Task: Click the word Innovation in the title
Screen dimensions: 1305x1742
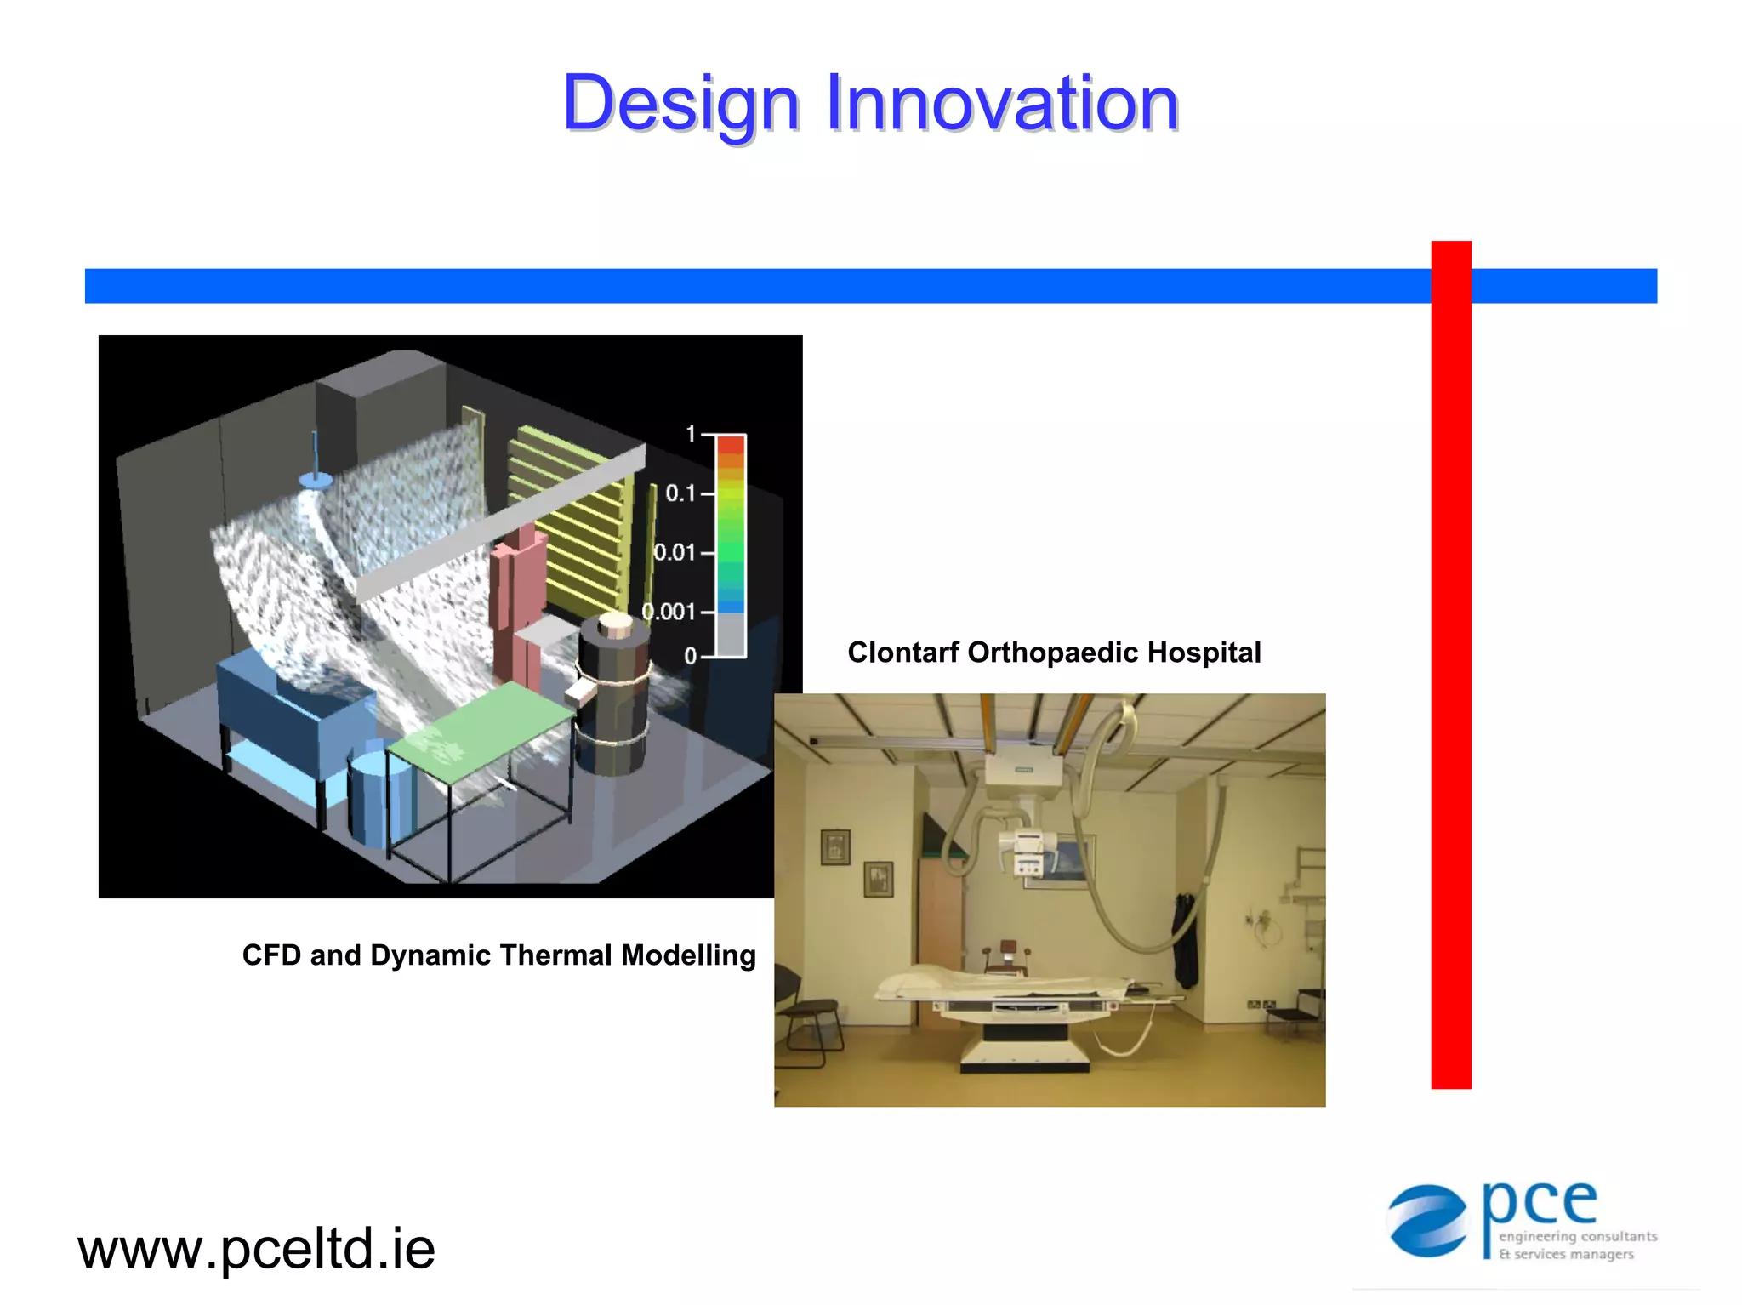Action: click(1002, 104)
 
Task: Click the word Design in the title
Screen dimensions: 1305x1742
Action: click(680, 104)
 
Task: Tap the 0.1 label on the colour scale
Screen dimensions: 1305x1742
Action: click(680, 493)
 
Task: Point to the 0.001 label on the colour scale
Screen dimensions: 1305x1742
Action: click(669, 612)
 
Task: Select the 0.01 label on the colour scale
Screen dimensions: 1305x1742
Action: click(675, 553)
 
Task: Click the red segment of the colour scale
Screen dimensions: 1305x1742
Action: click(730, 445)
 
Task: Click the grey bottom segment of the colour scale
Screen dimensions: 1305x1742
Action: click(730, 635)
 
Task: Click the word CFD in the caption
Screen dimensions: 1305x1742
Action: click(272, 955)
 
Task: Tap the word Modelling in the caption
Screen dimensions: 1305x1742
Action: click(688, 955)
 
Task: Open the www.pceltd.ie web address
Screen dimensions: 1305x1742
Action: click(256, 1249)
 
